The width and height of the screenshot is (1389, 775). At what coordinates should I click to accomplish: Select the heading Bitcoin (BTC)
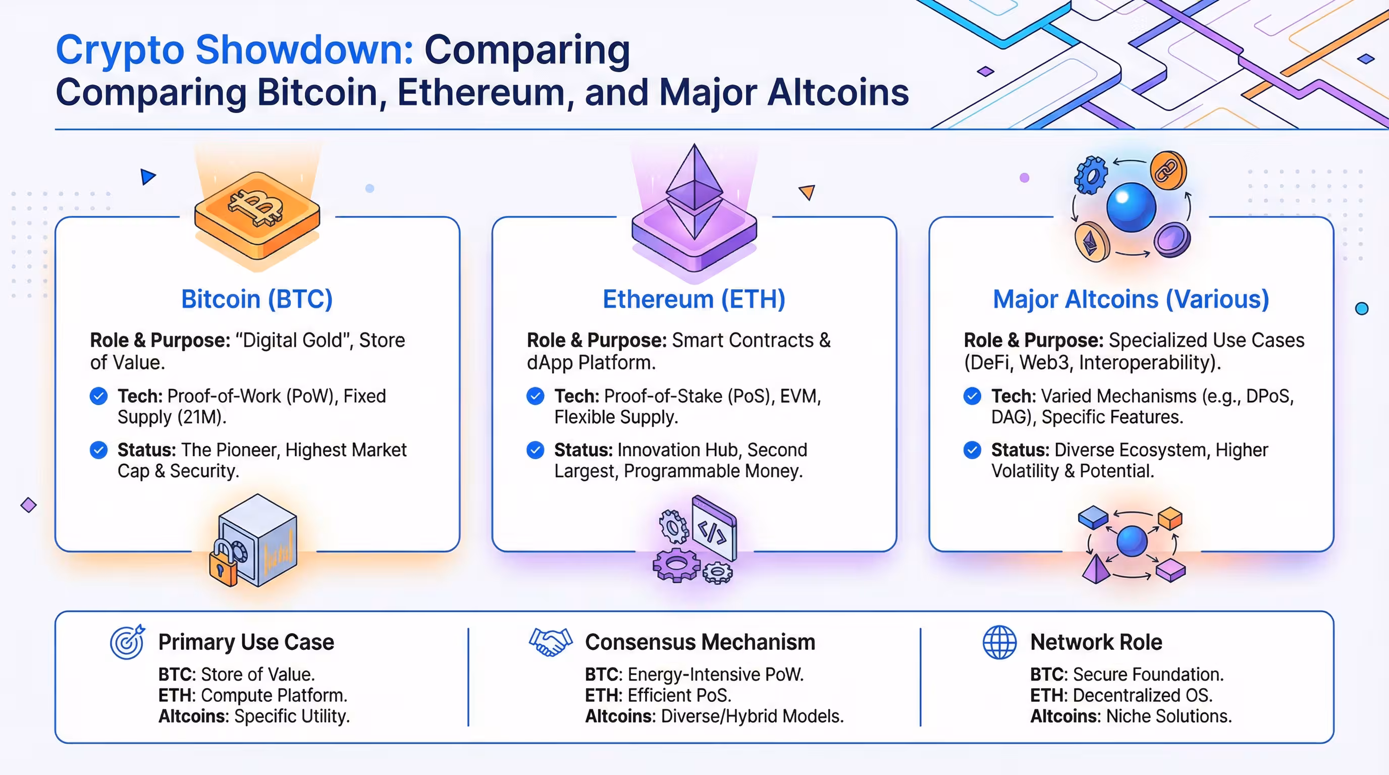[257, 299]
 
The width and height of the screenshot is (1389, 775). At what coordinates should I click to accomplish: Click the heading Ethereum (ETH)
[694, 299]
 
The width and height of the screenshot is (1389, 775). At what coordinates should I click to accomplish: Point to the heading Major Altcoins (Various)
[1131, 299]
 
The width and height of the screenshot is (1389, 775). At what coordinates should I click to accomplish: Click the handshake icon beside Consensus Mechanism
[550, 642]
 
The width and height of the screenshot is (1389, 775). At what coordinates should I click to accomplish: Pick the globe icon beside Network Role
[999, 642]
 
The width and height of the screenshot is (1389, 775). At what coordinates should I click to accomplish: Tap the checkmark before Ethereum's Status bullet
[536, 450]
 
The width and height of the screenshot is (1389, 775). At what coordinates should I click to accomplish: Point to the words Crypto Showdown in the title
[235, 49]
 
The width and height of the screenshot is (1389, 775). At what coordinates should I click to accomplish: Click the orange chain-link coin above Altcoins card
[1168, 171]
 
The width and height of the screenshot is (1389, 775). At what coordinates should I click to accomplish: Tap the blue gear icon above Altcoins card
[1090, 175]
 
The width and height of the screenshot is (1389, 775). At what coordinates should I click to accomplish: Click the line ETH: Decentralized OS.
[1121, 695]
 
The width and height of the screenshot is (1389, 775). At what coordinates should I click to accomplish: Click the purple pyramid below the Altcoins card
[1096, 570]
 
